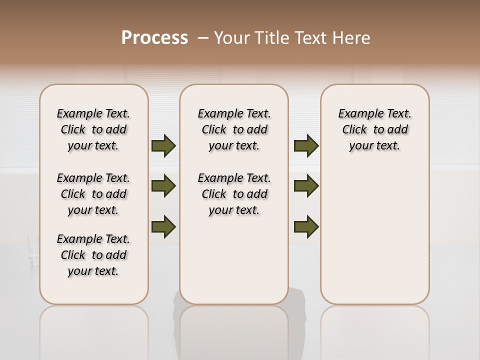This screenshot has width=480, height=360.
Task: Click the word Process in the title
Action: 154,37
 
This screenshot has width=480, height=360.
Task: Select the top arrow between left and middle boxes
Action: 163,145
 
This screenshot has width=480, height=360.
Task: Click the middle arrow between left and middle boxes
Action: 163,186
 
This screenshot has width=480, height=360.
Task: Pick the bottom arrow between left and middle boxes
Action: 163,226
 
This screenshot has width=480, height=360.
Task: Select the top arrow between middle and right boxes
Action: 306,145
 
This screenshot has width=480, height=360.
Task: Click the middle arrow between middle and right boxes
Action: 306,186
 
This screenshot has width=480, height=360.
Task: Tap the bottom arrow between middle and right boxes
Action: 306,226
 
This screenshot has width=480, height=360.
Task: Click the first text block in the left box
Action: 93,129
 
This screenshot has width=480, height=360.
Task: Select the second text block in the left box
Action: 93,194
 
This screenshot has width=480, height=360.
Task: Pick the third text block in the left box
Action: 93,255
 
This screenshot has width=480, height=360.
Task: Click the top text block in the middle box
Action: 234,129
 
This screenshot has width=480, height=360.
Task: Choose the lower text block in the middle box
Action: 234,194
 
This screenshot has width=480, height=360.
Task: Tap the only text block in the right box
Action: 374,129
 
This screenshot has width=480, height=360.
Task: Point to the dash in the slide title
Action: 202,38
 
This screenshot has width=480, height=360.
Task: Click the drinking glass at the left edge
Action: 33,250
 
